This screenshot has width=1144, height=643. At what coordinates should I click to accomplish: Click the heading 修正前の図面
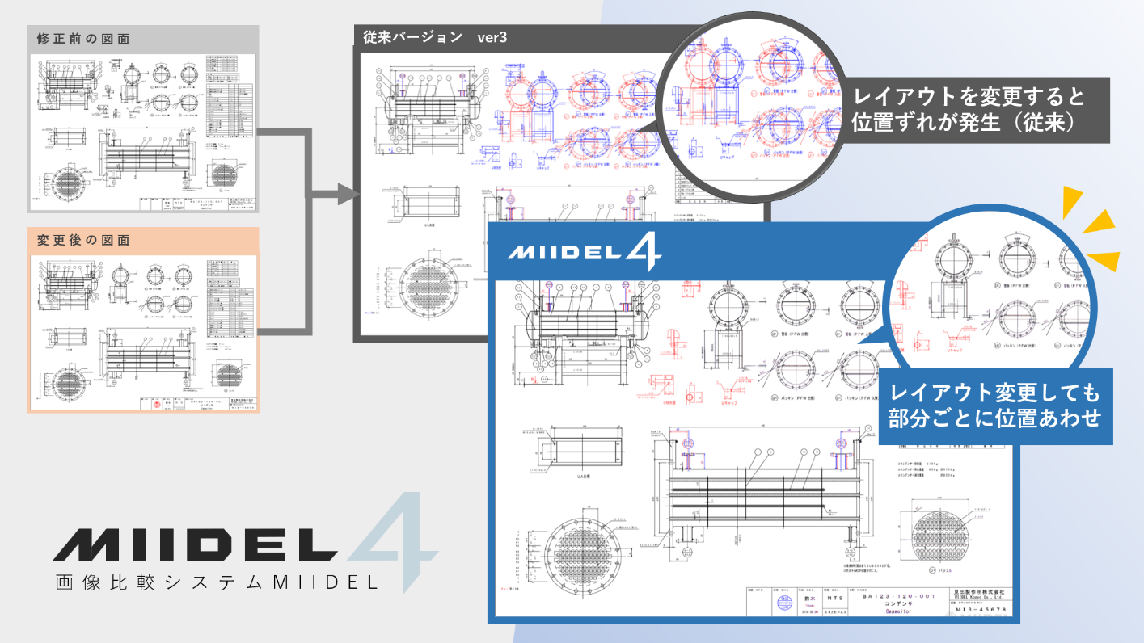coord(83,39)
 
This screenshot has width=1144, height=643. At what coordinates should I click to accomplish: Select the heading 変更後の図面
coord(83,241)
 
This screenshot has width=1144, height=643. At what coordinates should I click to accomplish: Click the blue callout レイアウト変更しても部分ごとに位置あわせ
coord(994,406)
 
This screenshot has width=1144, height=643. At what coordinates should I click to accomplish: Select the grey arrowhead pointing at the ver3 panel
coord(348,194)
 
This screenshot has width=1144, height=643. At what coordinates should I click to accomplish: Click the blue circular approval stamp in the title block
coord(783,603)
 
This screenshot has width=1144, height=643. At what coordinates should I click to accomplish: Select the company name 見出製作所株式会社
coord(980,591)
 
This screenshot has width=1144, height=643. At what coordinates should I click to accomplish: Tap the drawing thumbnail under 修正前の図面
coord(143,132)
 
